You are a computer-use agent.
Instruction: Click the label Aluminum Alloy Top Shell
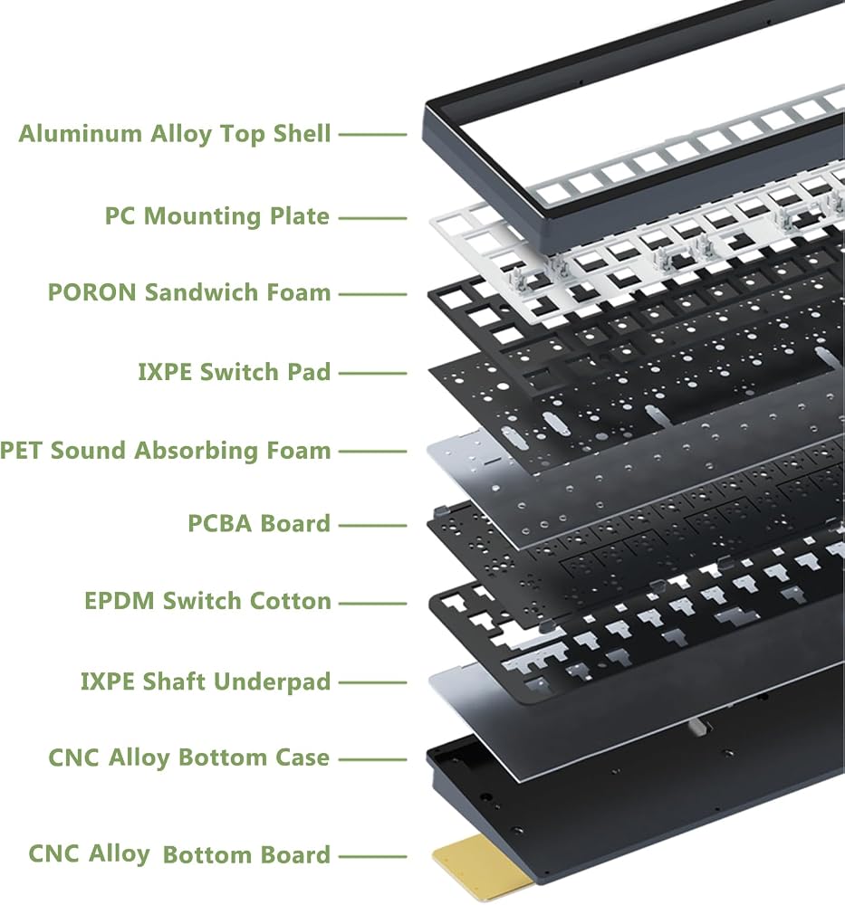(x=175, y=134)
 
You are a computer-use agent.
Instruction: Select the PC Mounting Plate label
(x=217, y=217)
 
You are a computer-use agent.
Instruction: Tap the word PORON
(x=92, y=292)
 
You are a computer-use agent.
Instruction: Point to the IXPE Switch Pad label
(x=235, y=372)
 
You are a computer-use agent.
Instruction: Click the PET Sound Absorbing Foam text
(x=165, y=451)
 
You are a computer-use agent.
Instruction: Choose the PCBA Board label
(x=259, y=523)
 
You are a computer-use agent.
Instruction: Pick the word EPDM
(x=120, y=601)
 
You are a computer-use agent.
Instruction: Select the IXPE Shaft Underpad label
(x=206, y=681)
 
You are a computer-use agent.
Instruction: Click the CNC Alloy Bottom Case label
(x=189, y=757)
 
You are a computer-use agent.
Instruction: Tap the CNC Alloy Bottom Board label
(x=179, y=854)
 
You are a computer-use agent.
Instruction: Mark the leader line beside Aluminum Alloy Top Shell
(x=372, y=135)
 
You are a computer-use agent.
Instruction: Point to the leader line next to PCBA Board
(x=372, y=526)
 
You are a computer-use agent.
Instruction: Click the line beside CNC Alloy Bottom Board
(x=372, y=857)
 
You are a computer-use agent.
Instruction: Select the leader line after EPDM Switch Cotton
(x=372, y=604)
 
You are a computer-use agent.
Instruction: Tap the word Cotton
(x=291, y=601)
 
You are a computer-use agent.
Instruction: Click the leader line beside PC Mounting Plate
(x=372, y=218)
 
